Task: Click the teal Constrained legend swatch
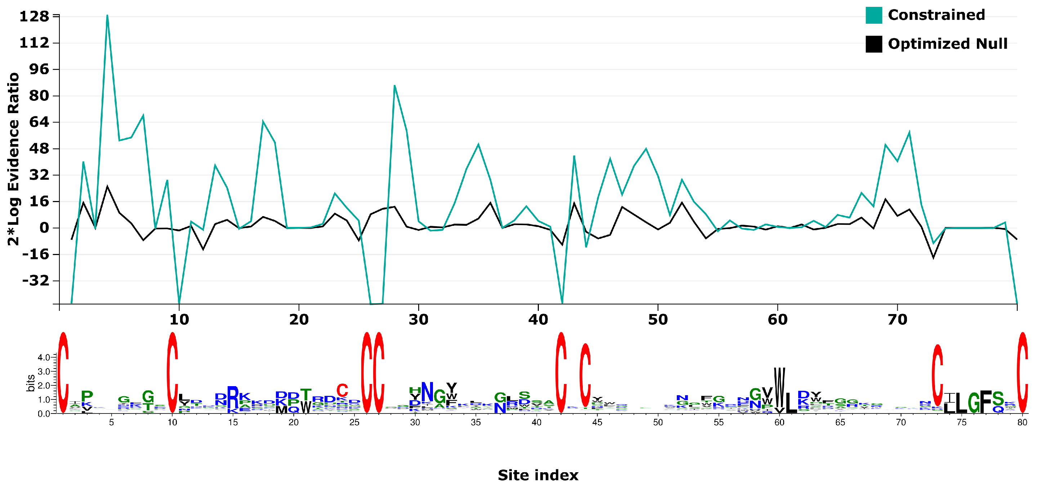(x=873, y=15)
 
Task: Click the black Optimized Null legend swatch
(x=873, y=44)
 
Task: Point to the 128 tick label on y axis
(x=34, y=17)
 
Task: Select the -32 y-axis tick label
(x=35, y=281)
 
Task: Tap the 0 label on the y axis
(x=44, y=228)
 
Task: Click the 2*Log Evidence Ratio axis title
(x=14, y=159)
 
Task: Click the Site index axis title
(x=538, y=475)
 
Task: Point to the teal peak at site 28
(x=394, y=86)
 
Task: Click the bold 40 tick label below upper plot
(x=538, y=320)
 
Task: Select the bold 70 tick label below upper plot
(x=897, y=320)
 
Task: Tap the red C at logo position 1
(x=63, y=372)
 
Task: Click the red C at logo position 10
(x=172, y=372)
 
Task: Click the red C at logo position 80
(x=1023, y=372)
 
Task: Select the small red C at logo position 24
(x=342, y=390)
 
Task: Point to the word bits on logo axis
(x=31, y=383)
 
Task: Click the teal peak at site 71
(x=909, y=132)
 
